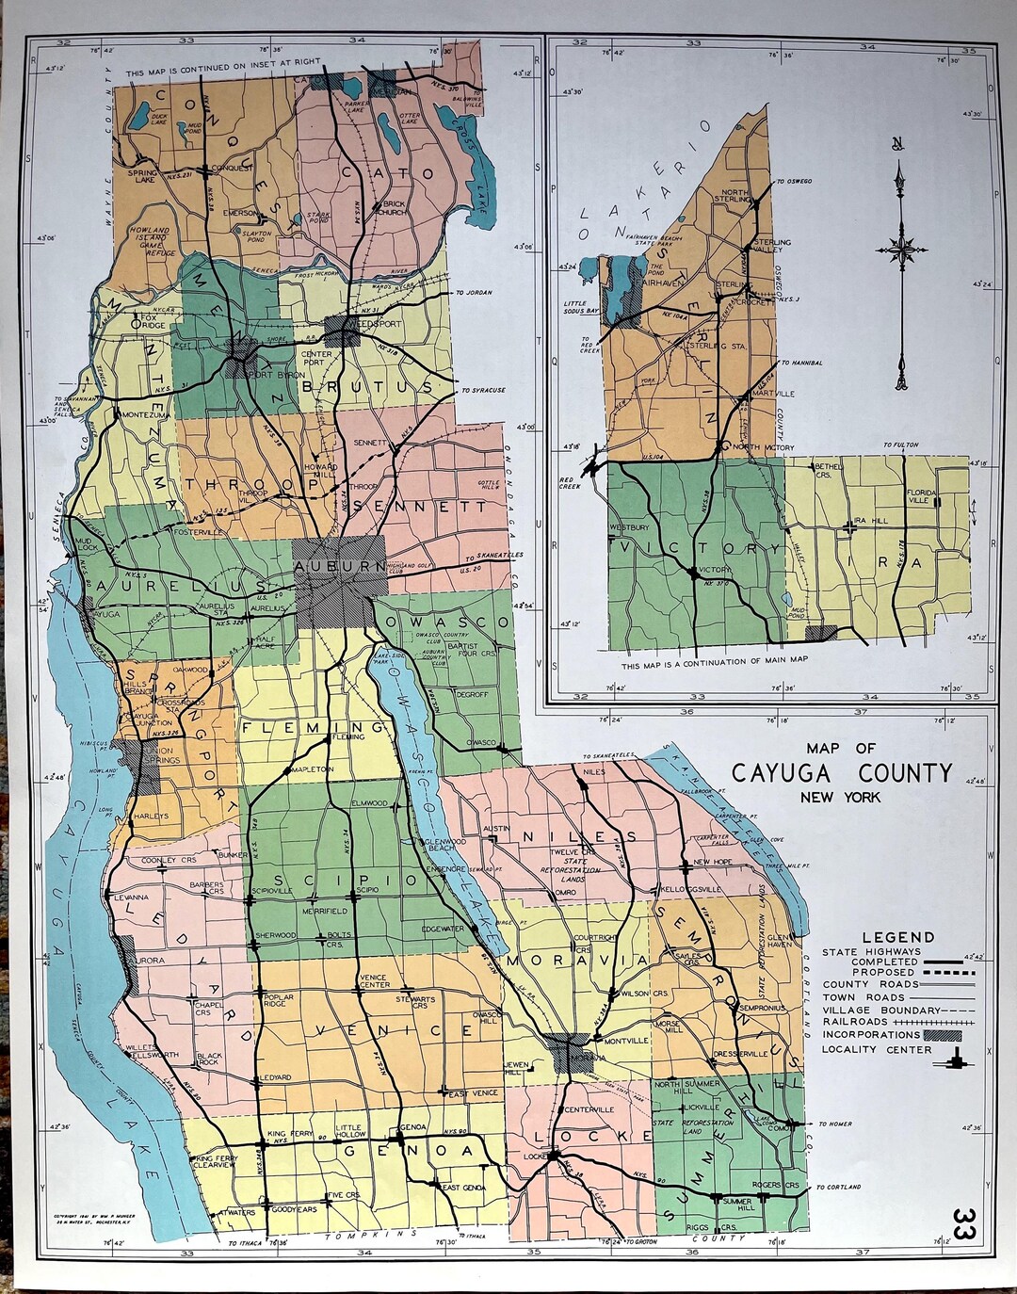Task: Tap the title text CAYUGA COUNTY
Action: [x=842, y=773]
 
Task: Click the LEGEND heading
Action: [x=898, y=937]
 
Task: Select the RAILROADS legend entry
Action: [x=855, y=1021]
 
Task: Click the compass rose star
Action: [x=902, y=250]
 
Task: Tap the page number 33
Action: [x=963, y=1227]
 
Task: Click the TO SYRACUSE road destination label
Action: [x=483, y=390]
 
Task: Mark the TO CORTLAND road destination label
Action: [x=838, y=1187]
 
